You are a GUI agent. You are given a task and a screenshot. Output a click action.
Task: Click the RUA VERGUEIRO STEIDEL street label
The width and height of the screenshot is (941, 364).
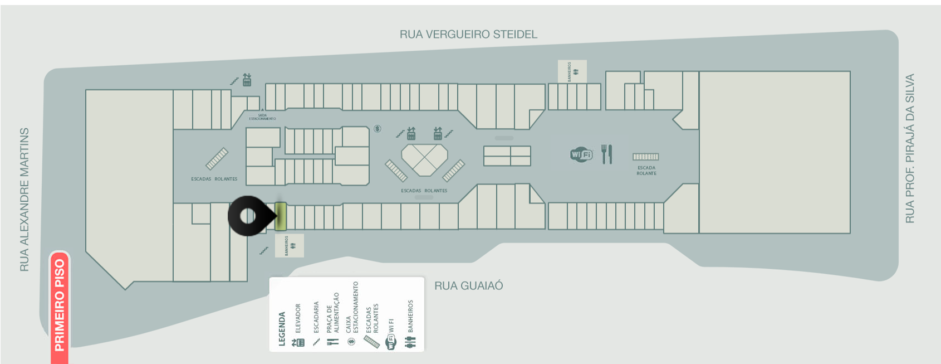[468, 35]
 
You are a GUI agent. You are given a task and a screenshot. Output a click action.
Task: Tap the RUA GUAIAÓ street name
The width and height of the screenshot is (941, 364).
[468, 286]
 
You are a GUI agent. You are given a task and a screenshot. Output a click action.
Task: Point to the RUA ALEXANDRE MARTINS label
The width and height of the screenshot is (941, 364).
[24, 200]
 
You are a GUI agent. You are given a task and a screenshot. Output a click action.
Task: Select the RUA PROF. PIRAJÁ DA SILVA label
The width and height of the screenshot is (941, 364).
[910, 148]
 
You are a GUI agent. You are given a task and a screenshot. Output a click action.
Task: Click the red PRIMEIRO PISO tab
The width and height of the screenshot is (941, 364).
[60, 305]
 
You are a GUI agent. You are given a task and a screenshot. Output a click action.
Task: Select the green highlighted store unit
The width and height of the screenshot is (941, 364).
[281, 216]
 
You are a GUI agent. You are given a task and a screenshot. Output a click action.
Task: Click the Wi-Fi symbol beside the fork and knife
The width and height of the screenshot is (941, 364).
[581, 154]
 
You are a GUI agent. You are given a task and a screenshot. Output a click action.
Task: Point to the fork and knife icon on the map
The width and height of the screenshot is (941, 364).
[606, 154]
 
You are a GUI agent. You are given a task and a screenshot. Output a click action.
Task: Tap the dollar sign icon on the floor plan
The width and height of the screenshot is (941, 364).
[378, 129]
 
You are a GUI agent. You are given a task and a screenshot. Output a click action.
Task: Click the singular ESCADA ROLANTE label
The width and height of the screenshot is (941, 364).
[646, 171]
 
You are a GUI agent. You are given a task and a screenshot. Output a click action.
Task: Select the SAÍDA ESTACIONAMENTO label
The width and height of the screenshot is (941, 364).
[262, 117]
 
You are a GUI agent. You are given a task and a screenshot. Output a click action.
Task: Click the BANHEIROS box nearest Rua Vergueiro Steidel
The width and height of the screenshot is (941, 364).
[572, 71]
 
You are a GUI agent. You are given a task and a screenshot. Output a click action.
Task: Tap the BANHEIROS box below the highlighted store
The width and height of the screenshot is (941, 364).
[290, 245]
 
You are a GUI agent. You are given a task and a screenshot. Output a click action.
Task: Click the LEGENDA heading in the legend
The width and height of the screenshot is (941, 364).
[282, 329]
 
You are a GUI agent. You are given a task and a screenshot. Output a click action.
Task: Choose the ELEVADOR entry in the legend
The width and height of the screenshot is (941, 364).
[298, 326]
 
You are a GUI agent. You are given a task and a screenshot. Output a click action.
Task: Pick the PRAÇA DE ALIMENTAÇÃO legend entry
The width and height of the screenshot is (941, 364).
[333, 321]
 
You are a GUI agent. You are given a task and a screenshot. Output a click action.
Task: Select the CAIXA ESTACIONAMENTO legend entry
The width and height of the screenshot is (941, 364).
[352, 315]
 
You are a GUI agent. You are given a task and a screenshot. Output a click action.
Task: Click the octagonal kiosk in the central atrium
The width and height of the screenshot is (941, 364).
[425, 159]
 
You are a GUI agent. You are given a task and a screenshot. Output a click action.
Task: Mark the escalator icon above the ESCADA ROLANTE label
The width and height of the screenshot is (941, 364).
[645, 157]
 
